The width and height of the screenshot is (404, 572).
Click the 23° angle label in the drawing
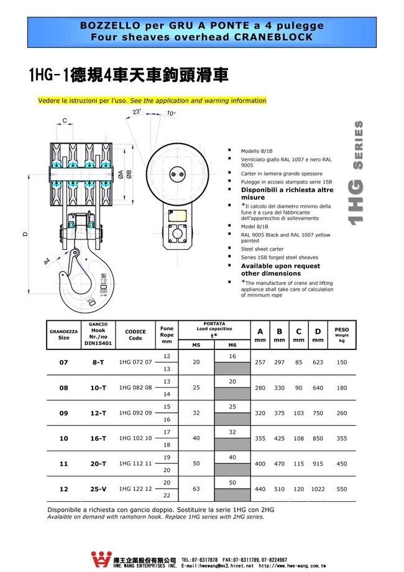[137, 112]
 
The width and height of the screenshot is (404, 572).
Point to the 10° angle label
[171, 113]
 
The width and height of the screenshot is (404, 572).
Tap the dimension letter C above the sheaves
[65, 121]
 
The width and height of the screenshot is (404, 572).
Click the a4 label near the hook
[47, 262]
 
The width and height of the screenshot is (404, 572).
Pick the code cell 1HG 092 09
[135, 413]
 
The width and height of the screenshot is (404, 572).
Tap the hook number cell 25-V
[98, 489]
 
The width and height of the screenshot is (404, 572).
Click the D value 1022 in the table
[318, 489]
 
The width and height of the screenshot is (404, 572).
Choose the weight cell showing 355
[342, 438]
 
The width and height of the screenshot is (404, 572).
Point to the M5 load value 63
[196, 489]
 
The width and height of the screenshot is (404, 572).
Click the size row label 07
[64, 362]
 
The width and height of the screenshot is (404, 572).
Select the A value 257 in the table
[260, 362]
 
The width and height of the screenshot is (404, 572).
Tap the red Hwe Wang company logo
[101, 560]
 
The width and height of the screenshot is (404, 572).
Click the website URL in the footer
[292, 566]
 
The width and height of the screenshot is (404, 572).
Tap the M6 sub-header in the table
[232, 344]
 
